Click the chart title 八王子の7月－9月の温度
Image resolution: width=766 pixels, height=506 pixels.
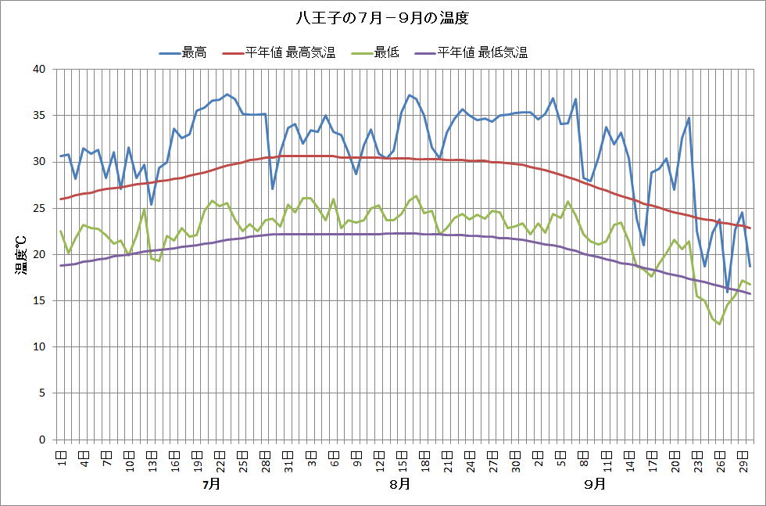pyautogui.click(x=382, y=16)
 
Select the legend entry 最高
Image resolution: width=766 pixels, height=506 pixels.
pyautogui.click(x=194, y=53)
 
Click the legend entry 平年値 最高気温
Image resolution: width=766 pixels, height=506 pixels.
pyautogui.click(x=290, y=53)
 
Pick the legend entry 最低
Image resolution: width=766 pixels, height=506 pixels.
pyautogui.click(x=386, y=53)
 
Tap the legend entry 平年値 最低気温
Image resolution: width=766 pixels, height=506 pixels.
pyautogui.click(x=482, y=53)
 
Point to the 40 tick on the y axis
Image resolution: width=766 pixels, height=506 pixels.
pyautogui.click(x=40, y=70)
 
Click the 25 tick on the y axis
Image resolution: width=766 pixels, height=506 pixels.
pyautogui.click(x=40, y=208)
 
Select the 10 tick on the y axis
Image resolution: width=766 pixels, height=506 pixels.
pyautogui.click(x=40, y=347)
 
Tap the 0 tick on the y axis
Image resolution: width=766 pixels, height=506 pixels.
pyautogui.click(x=43, y=440)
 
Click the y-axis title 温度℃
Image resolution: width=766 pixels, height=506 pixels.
pyautogui.click(x=21, y=254)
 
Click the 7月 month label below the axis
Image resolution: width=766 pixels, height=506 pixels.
pyautogui.click(x=210, y=484)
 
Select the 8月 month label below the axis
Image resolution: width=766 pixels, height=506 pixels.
pyautogui.click(x=400, y=484)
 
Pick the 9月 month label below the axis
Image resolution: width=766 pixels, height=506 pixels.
pyautogui.click(x=594, y=484)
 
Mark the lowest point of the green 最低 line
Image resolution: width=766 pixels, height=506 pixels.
pyautogui.click(x=719, y=324)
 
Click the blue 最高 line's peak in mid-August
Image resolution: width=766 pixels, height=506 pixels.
pyautogui.click(x=409, y=95)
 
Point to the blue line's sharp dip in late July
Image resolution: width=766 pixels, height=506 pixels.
pyautogui.click(x=272, y=188)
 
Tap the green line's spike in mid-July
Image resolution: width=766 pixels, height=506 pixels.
pyautogui.click(x=144, y=209)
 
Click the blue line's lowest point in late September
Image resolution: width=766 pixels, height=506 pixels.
pyautogui.click(x=727, y=291)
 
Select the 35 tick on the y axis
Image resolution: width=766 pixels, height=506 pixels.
pyautogui.click(x=40, y=116)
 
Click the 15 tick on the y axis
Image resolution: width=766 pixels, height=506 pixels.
pyautogui.click(x=40, y=301)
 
